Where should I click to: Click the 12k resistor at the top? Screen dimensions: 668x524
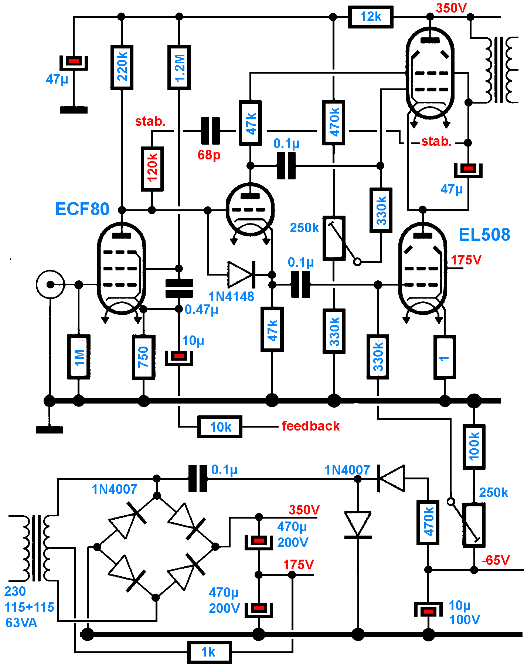coord(370,17)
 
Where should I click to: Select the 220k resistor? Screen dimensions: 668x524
coord(122,67)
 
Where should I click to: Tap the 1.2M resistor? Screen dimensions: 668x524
coord(179,67)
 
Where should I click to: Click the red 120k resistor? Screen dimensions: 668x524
coord(152,169)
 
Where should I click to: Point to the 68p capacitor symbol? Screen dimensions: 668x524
coord(210,131)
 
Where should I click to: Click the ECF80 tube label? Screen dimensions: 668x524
coord(82,209)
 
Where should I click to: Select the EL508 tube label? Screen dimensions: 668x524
coord(484,235)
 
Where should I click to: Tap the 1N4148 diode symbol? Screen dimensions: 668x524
coord(241,274)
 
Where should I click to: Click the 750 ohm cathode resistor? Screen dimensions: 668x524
coord(143,357)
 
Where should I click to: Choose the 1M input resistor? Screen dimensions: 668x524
coord(79,357)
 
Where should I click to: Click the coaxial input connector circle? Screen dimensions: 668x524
coord(50,284)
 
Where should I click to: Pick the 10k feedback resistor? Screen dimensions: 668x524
coord(220,427)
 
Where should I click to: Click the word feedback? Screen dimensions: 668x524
coord(310,426)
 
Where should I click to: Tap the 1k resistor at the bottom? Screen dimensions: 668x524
coord(209,652)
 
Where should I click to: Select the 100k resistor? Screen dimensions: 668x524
coord(474,447)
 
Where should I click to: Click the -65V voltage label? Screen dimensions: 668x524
coord(496,560)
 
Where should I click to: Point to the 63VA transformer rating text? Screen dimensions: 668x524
coord(21,623)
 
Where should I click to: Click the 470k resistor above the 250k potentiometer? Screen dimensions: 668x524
coord(334,122)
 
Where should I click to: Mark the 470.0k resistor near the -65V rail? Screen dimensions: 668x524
coord(428,523)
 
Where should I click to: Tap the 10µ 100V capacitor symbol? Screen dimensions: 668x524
coord(428,611)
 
